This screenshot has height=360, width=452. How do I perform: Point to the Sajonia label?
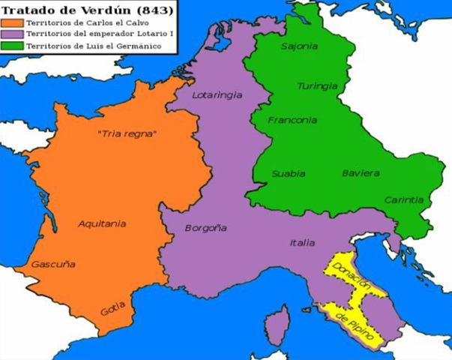298,46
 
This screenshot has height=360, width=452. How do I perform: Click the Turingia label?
316,86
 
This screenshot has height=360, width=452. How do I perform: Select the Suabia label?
289,173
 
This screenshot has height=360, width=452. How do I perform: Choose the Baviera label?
360,173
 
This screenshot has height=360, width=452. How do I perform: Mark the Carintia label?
404,200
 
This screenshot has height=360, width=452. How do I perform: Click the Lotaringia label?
217,96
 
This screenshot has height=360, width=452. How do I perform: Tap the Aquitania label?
102,223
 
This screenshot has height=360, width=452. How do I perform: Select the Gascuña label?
52,264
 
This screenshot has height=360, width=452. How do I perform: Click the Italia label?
302,242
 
